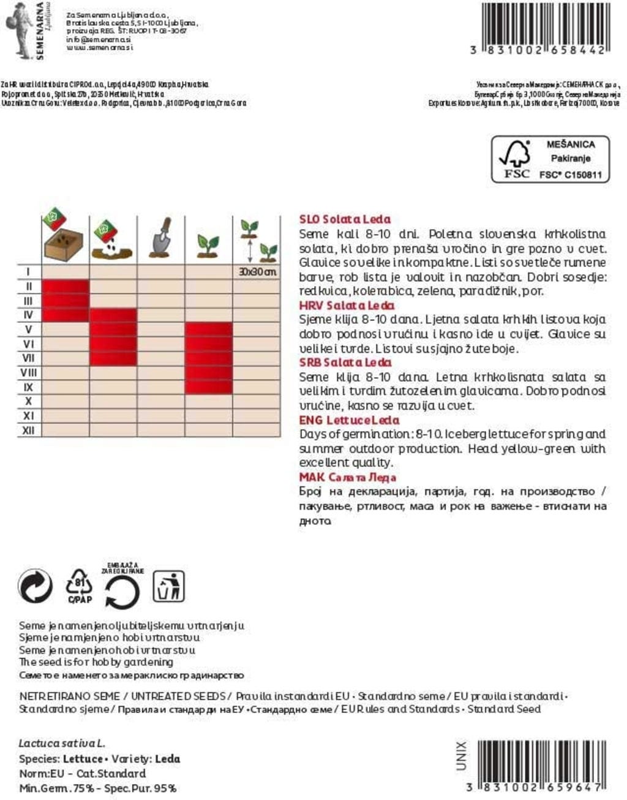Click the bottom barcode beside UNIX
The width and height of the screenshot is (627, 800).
click(541, 763)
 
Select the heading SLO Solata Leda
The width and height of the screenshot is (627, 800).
click(345, 219)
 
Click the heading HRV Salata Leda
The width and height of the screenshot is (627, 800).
click(347, 305)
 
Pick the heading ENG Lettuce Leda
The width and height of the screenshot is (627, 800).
click(349, 420)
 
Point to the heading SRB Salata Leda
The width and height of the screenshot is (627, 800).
click(345, 363)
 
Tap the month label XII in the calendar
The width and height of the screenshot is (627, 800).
click(28, 431)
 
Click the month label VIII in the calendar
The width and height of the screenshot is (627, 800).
click(28, 372)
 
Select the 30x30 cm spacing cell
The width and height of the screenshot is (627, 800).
click(257, 271)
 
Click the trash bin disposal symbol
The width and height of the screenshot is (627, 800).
click(168, 586)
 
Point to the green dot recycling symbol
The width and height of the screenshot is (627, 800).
click(36, 586)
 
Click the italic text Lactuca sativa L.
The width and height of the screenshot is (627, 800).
click(62, 744)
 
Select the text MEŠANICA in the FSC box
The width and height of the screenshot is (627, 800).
click(570, 145)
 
